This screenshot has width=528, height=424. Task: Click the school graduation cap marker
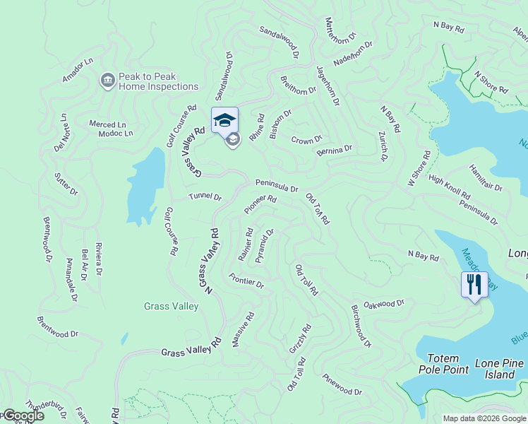pyautogui.click(x=224, y=119)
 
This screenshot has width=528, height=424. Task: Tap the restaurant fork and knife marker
pyautogui.click(x=474, y=285)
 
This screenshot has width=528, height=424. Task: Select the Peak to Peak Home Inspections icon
pyautogui.click(x=107, y=80)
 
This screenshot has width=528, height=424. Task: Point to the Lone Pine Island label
pyautogui.click(x=500, y=369)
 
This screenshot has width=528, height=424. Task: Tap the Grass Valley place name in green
pyautogui.click(x=171, y=306)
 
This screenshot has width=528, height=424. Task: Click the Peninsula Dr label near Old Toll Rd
pyautogui.click(x=277, y=186)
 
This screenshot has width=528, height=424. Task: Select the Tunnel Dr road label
pyautogui.click(x=205, y=197)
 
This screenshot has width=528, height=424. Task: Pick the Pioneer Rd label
pyautogui.click(x=260, y=205)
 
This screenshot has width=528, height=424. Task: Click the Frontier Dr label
pyautogui.click(x=246, y=280)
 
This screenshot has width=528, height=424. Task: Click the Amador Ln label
pyautogui.click(x=78, y=71)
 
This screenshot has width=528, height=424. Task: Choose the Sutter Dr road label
pyautogui.click(x=68, y=182)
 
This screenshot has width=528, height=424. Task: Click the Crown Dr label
pyautogui.click(x=306, y=140)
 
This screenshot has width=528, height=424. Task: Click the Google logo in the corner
pyautogui.click(x=23, y=416)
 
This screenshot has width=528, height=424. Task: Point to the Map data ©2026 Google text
pyautogui.click(x=485, y=418)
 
